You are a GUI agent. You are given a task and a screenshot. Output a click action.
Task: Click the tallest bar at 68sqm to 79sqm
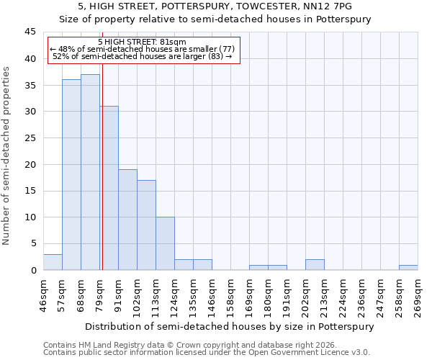(x=90, y=172)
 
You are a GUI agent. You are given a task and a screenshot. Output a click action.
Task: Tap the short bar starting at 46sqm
(x=53, y=262)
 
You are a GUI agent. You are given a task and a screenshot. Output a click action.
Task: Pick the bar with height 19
(x=127, y=220)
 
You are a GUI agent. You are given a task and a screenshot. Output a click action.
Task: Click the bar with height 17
(x=146, y=225)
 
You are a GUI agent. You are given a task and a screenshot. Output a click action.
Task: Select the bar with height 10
(x=165, y=243)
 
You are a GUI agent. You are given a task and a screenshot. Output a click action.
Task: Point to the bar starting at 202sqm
(x=315, y=264)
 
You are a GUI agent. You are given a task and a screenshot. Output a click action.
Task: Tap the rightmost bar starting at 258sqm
(x=408, y=267)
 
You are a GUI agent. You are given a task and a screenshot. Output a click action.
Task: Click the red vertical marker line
(x=102, y=166)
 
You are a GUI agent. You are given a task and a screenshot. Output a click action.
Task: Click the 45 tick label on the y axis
(x=30, y=32)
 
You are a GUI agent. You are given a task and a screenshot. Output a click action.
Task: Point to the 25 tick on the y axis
(x=30, y=138)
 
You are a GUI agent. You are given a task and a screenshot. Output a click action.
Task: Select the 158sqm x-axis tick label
(x=230, y=295)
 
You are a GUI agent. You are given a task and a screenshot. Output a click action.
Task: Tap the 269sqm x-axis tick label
(x=418, y=295)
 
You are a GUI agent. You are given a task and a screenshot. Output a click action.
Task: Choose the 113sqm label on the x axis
(x=156, y=295)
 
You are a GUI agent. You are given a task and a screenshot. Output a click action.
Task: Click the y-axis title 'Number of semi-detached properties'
(x=7, y=156)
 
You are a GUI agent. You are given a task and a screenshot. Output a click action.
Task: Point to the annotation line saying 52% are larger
(x=142, y=56)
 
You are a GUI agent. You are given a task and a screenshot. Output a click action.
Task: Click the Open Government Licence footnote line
(x=207, y=353)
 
